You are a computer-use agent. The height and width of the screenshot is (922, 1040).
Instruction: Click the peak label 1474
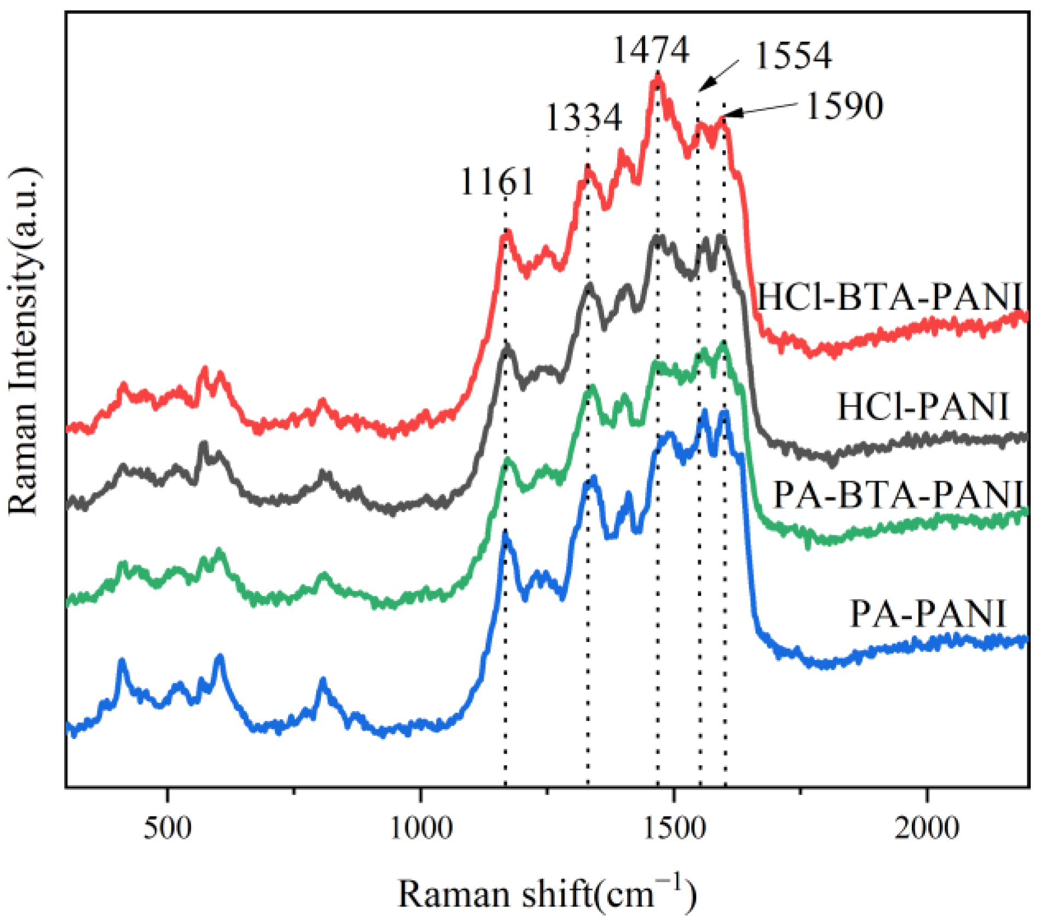(x=650, y=50)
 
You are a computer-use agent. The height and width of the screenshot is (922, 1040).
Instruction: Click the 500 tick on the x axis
(x=168, y=828)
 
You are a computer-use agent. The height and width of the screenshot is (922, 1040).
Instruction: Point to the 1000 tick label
(x=421, y=828)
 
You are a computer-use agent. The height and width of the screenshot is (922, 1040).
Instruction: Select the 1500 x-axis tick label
(x=674, y=828)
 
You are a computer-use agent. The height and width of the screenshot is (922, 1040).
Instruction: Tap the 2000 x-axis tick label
(x=927, y=828)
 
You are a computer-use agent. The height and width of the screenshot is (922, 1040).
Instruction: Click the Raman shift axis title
(x=547, y=895)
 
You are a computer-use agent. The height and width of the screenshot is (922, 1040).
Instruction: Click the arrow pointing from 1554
(x=719, y=76)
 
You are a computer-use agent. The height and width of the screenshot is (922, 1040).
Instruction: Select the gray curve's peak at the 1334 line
(x=589, y=285)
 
